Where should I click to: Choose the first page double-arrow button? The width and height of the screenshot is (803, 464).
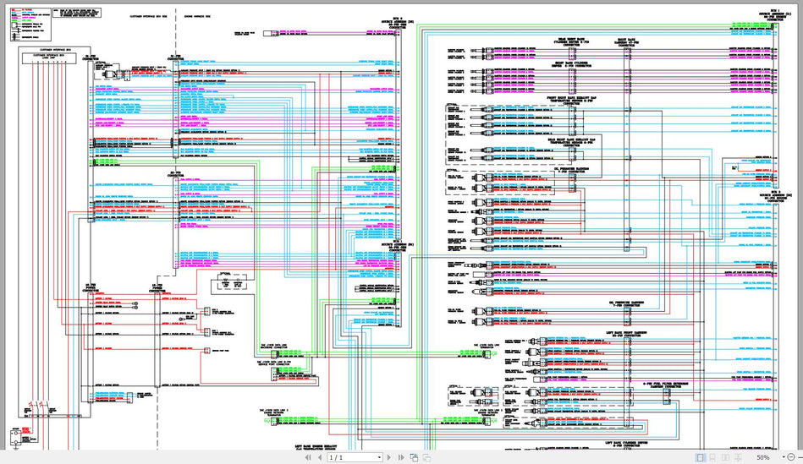click(306, 457)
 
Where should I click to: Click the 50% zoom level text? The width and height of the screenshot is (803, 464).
click(762, 457)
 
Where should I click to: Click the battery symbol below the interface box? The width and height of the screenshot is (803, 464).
click(14, 438)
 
